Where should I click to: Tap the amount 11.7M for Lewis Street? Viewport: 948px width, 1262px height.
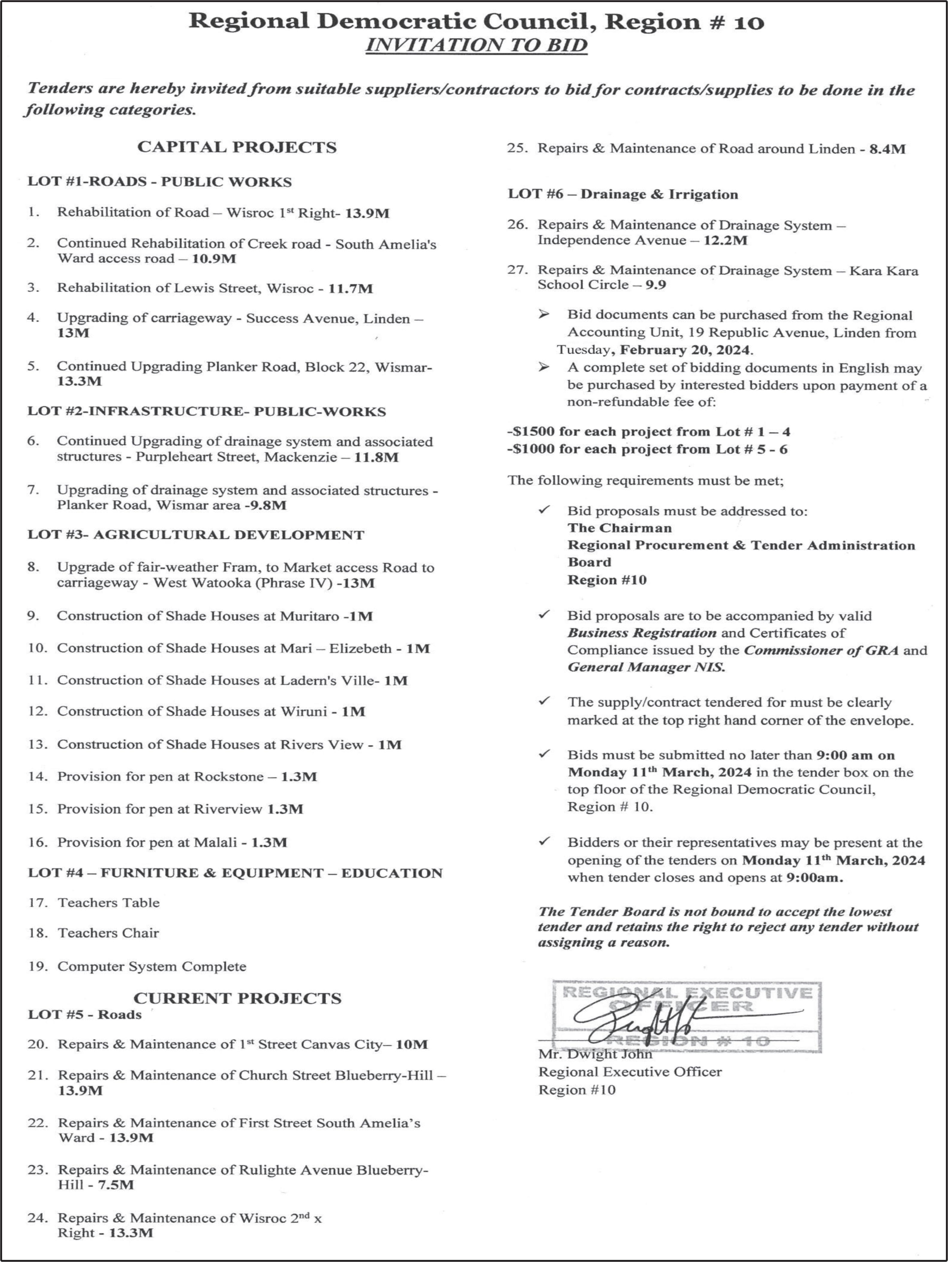tap(351, 289)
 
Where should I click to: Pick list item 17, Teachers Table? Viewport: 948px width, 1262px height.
tap(108, 903)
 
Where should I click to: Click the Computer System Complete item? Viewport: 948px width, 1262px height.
tap(152, 966)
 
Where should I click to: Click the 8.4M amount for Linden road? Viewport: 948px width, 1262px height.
tap(887, 149)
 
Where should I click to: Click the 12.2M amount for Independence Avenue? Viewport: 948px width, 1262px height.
tap(725, 240)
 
